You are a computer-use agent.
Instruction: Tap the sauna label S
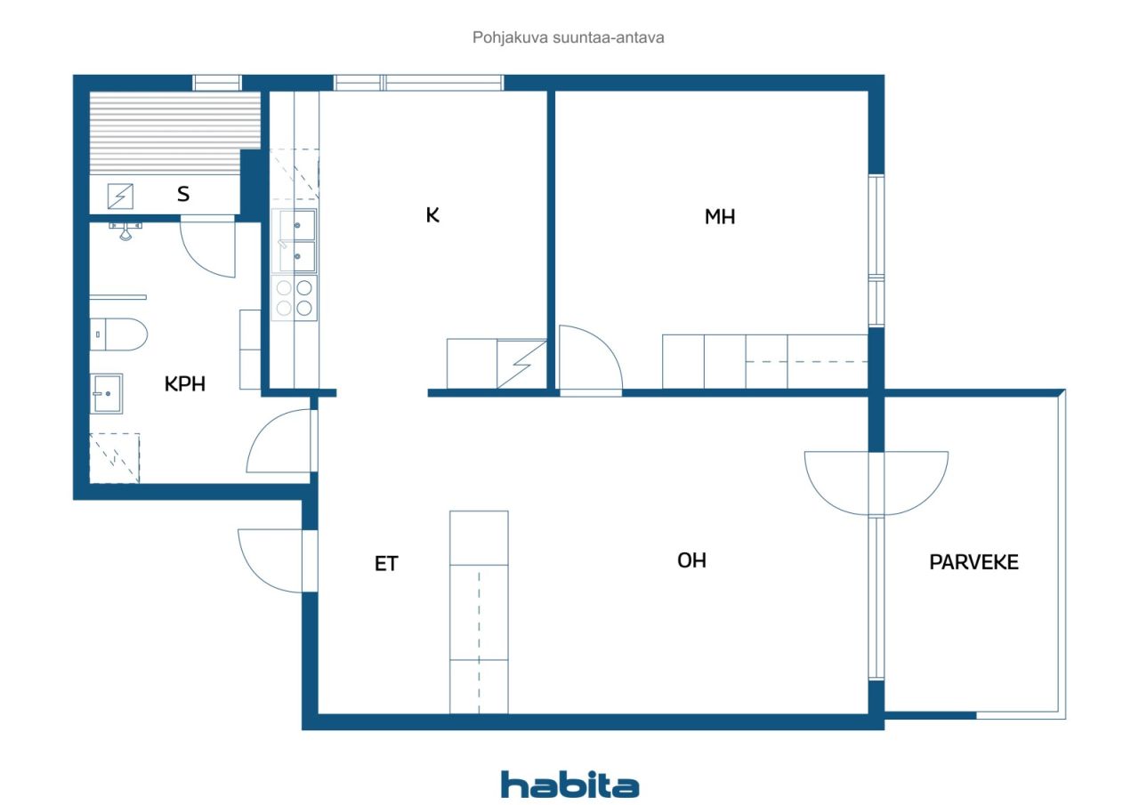(182, 193)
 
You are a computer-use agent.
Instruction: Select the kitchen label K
(432, 214)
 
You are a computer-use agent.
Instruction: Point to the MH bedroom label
(720, 216)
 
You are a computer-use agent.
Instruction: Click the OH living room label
(691, 560)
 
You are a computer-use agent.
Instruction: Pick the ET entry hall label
(386, 563)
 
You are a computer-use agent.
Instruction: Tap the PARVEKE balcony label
(973, 562)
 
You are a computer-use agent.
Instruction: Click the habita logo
(569, 785)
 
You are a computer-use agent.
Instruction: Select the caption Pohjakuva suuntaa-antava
(569, 38)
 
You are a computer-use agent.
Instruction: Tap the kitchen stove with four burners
(295, 297)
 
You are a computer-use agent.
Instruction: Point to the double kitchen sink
(294, 240)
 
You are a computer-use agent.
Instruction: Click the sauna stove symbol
(120, 195)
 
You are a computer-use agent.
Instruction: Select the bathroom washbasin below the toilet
(107, 393)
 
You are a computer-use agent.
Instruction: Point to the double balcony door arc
(876, 482)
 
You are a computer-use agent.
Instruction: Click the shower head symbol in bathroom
(125, 229)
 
